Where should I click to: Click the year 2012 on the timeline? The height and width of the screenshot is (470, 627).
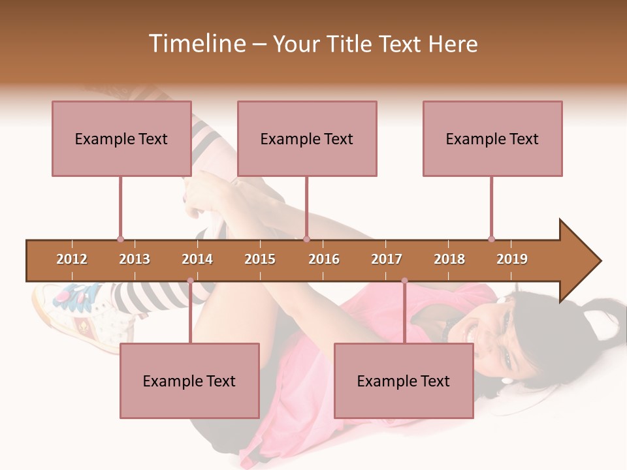click(x=72, y=259)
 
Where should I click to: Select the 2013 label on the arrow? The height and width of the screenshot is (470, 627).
click(x=135, y=259)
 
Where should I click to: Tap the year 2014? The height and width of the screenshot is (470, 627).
click(x=197, y=259)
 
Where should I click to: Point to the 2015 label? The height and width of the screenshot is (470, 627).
click(x=260, y=259)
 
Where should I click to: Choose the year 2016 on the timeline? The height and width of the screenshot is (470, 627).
click(x=324, y=259)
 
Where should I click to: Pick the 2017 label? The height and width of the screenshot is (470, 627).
click(x=387, y=259)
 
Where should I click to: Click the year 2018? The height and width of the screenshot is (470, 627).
click(x=449, y=259)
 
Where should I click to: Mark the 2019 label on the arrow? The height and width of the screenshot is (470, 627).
click(x=512, y=259)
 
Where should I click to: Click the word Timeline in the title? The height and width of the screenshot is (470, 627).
click(x=195, y=44)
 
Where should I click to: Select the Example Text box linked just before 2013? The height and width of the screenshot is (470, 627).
click(x=121, y=138)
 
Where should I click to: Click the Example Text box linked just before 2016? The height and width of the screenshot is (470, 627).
click(x=307, y=138)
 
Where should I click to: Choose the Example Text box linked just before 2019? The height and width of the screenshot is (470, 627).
click(x=492, y=138)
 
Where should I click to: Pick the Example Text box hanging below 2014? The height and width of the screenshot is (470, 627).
click(x=189, y=381)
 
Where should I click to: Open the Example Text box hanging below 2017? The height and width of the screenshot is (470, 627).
click(x=404, y=381)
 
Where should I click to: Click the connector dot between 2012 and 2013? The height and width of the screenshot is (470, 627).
click(x=120, y=239)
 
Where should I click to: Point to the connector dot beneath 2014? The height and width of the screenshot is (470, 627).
click(x=190, y=281)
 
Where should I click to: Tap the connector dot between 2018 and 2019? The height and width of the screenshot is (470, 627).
click(x=491, y=239)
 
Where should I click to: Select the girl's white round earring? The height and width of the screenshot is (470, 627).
click(x=507, y=380)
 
